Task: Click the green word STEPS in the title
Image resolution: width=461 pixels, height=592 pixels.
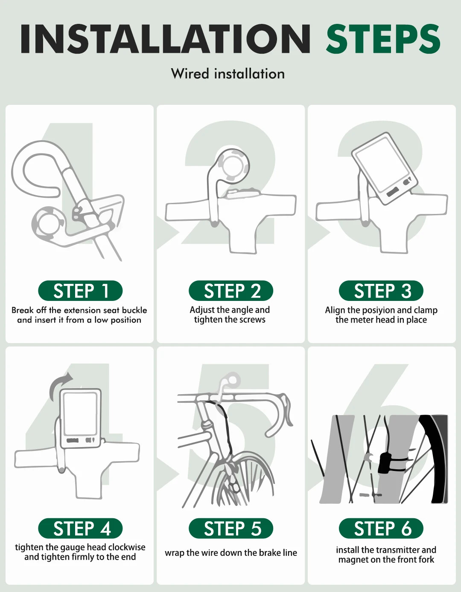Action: point(383,39)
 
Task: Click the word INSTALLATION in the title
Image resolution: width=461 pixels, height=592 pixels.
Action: point(166,39)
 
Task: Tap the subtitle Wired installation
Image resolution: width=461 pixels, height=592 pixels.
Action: point(228,74)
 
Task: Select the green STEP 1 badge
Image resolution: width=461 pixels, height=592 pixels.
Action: point(81,291)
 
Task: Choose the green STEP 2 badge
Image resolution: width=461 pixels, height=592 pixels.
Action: point(231,291)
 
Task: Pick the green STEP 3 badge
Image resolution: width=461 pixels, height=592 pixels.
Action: point(381,291)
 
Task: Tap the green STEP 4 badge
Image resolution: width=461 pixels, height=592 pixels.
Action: point(81,528)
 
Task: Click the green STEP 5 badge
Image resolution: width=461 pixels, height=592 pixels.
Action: point(231,528)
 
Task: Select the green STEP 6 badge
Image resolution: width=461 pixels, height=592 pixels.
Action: point(381,528)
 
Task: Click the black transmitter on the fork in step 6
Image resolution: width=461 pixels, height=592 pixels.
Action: point(385,462)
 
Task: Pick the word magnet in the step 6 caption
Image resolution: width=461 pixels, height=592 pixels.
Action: point(352,560)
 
